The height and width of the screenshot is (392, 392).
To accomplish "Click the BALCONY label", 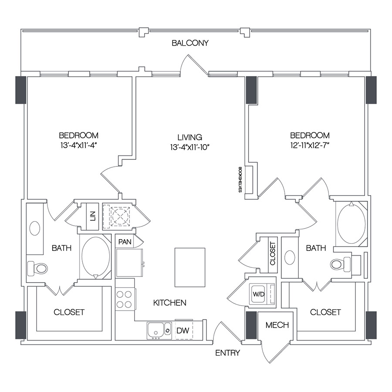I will point(190,43).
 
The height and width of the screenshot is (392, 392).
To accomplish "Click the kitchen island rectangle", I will point(189,267).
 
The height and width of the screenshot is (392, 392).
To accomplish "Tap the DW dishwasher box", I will point(183,331).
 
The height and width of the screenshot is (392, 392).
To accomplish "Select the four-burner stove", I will point(125,299).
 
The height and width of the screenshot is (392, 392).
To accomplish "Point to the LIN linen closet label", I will point(92,216).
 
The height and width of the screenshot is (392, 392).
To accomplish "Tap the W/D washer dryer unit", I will point(259,294).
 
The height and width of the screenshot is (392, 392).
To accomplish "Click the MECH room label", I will point(277,325).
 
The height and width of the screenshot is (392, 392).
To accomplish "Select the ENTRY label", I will point(227,353).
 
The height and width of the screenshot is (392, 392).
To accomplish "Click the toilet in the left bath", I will point(38,268).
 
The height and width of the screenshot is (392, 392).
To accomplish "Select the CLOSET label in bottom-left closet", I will point(69,312).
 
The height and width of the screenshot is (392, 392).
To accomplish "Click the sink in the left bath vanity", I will point(35,228).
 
